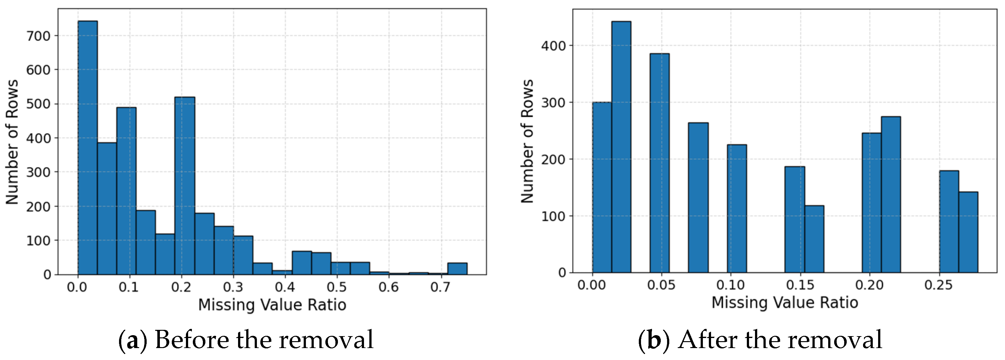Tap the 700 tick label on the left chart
(38, 36)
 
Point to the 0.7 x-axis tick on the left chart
(440, 287)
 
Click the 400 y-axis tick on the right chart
(553, 46)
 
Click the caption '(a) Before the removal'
(246, 339)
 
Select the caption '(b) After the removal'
(760, 339)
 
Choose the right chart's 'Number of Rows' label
(527, 141)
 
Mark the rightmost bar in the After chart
(968, 232)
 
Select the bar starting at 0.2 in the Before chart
(185, 186)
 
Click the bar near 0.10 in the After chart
(736, 208)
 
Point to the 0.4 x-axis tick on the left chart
(285, 287)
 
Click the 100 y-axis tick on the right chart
(553, 216)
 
